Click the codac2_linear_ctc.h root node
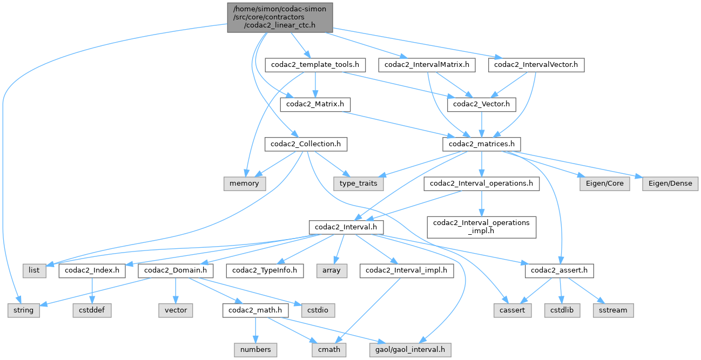click(280, 17)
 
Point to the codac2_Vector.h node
click(481, 104)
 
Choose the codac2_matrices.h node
click(482, 144)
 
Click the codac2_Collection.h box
click(306, 144)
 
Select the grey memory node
click(245, 183)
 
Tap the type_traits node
click(359, 183)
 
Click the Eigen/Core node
click(604, 183)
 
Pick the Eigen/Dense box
click(670, 183)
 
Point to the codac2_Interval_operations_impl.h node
click(481, 226)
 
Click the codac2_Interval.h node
click(346, 226)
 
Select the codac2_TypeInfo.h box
click(266, 269)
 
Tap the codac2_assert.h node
click(559, 269)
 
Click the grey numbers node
click(256, 349)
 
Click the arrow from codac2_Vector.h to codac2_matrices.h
click(481, 124)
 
